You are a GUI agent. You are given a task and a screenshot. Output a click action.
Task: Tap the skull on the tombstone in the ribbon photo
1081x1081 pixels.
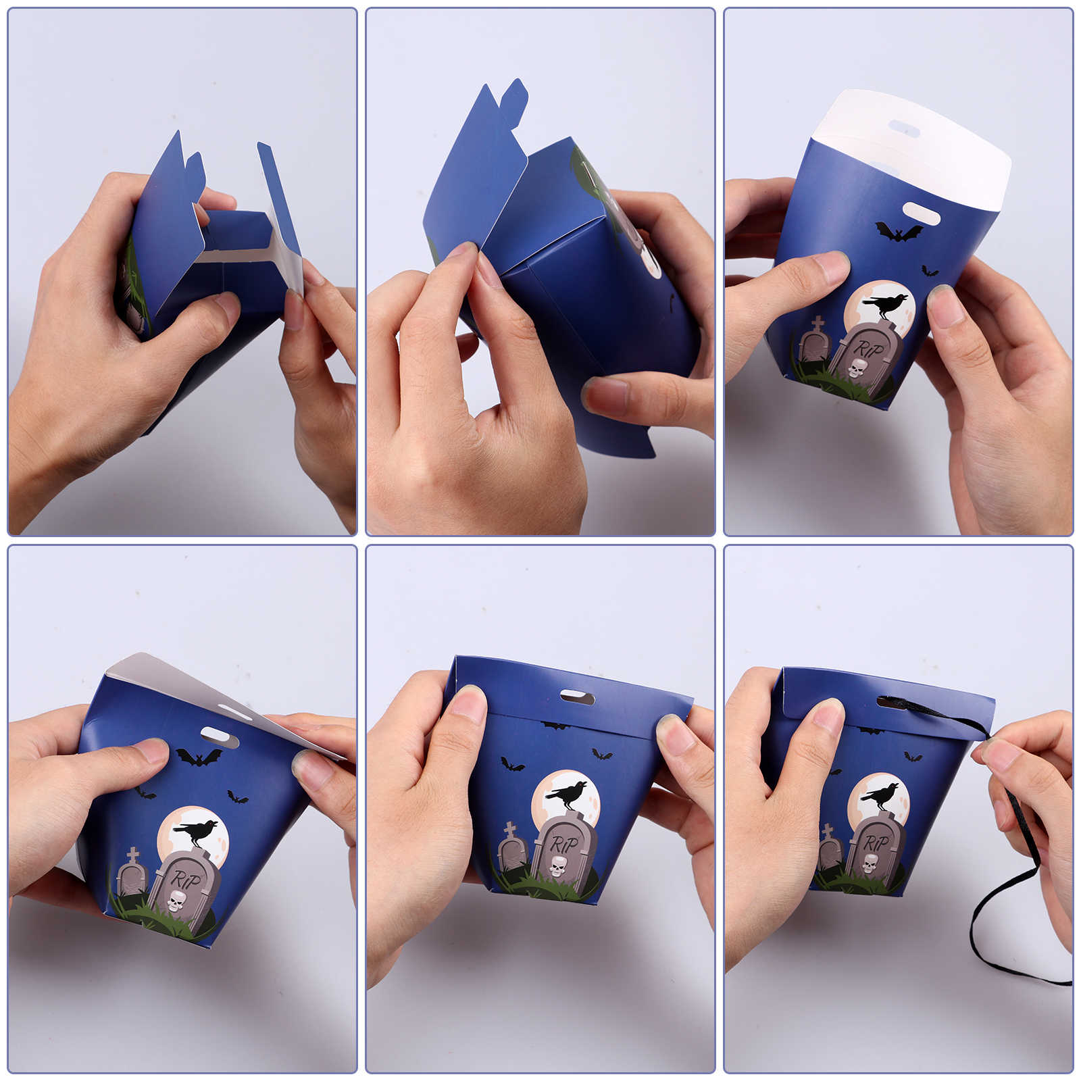coord(870,863)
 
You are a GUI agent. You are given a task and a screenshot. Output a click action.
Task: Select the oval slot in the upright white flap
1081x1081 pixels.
coord(904,128)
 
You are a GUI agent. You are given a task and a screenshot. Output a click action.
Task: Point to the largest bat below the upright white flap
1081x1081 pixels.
coord(899,232)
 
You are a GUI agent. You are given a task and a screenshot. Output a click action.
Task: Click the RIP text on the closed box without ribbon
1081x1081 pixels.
coord(564,844)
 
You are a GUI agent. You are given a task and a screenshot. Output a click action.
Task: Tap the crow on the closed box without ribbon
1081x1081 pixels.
coord(568,795)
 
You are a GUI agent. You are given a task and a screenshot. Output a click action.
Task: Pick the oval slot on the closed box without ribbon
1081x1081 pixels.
coord(577,697)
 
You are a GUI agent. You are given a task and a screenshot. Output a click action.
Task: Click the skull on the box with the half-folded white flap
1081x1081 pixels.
coord(176,901)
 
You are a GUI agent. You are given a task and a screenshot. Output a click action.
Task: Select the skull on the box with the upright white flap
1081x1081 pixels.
coord(857,369)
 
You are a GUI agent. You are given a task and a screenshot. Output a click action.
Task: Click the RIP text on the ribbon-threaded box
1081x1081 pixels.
coord(876,843)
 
